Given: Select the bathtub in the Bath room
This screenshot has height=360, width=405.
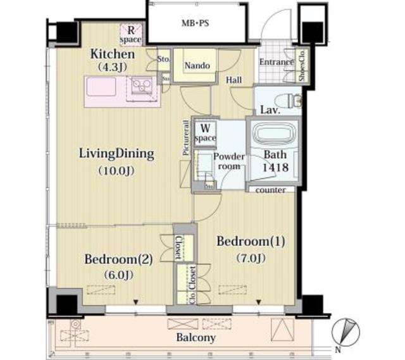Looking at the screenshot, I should pos(270,136).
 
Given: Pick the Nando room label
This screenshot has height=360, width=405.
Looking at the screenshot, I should pos(197,66).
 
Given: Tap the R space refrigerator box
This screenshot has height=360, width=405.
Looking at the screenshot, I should pos(132,34).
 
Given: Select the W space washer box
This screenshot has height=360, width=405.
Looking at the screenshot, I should pos(205,132).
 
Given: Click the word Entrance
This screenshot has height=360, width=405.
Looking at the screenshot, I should pos(276,62).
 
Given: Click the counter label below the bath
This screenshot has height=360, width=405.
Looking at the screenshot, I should pos(271,189).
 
